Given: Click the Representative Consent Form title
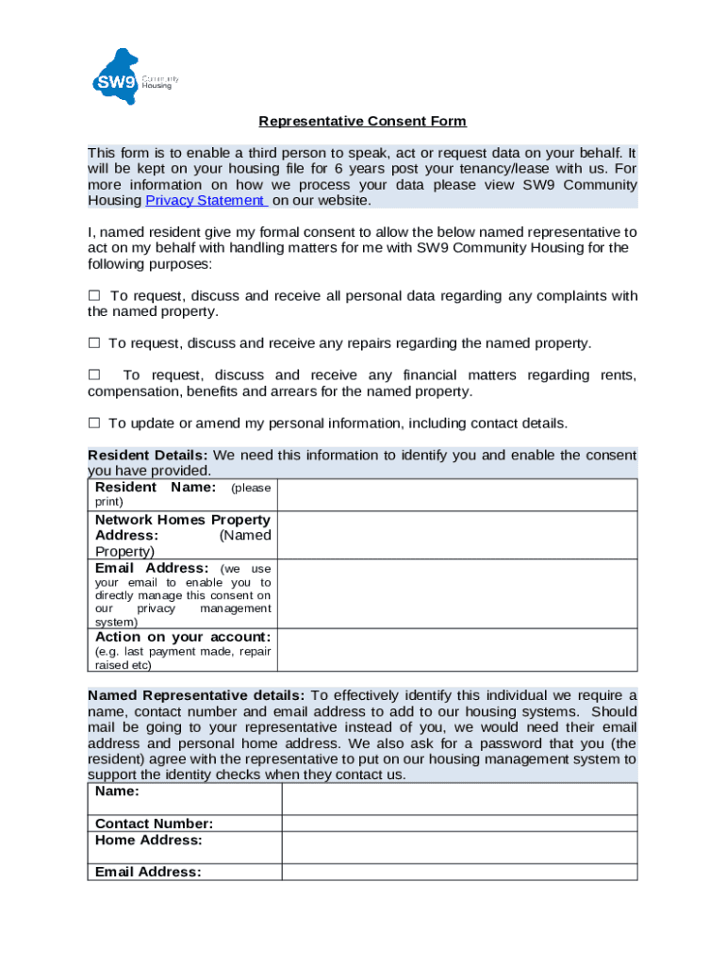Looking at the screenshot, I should (363, 122).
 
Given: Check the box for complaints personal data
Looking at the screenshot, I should (94, 296).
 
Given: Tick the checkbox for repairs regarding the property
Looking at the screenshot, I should (94, 343).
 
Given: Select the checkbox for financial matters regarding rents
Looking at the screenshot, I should (94, 375).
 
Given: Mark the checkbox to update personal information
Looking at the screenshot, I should (94, 423).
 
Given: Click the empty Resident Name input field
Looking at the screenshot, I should (458, 495).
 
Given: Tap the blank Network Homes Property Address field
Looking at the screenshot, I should (458, 535).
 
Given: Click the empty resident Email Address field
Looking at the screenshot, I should (458, 594).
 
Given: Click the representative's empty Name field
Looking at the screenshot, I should (458, 799).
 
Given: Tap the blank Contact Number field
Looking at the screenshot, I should (458, 824).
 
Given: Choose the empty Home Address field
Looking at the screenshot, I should (458, 847).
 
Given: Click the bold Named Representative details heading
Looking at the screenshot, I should (196, 696).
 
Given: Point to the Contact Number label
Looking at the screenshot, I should (154, 824).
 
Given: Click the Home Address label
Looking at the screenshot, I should (148, 840).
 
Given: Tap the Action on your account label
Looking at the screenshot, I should (183, 637).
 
